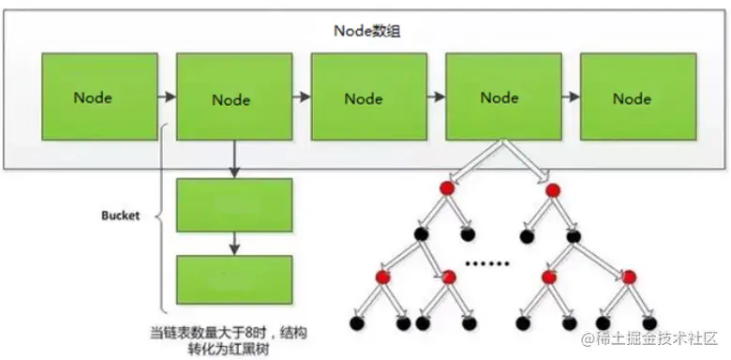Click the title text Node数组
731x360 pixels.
click(x=365, y=29)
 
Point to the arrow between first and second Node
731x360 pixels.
click(x=167, y=97)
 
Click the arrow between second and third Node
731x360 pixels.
click(x=301, y=97)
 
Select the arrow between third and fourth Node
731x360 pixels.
click(x=436, y=97)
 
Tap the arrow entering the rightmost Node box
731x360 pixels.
click(x=570, y=97)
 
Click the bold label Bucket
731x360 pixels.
click(x=120, y=215)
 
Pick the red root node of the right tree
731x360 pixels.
click(x=553, y=191)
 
